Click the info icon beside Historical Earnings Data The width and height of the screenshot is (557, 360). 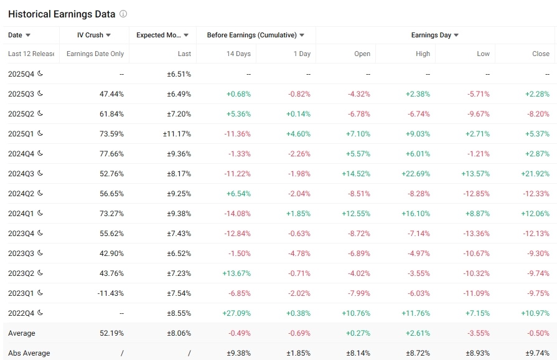point(123,14)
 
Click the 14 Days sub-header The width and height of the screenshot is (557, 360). point(238,54)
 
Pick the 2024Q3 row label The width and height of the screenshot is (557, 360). point(21,174)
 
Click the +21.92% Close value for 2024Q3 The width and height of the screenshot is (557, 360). point(535,174)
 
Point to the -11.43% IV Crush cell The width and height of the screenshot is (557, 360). point(111,293)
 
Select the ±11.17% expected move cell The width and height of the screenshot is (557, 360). point(177,134)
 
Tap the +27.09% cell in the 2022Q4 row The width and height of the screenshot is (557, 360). point(236,313)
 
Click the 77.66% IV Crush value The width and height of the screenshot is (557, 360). point(111,154)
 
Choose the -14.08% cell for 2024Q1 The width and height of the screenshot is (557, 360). point(237,214)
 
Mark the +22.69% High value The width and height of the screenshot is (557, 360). point(416,174)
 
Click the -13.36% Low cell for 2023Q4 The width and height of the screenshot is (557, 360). point(476,234)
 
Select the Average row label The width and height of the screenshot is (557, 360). point(22,333)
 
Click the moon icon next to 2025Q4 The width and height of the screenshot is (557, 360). point(40,73)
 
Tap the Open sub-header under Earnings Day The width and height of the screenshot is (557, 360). point(362,54)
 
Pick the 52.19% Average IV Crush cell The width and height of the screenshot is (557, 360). point(111,333)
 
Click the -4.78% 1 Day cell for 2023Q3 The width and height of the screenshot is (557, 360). point(299,253)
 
